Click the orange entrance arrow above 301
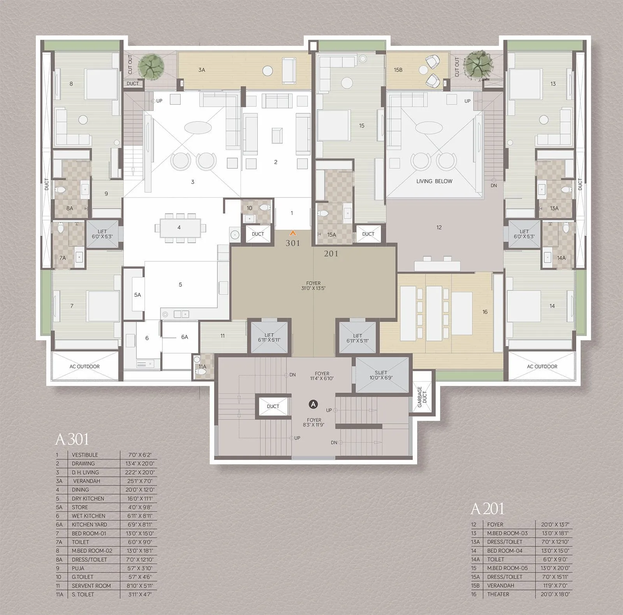tap(292, 233)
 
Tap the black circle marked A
tap(313, 405)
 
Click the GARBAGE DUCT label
tap(422, 397)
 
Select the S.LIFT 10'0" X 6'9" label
tap(381, 375)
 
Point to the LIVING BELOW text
tap(434, 181)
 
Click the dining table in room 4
tap(179, 227)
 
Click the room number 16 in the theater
tap(485, 312)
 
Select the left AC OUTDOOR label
tap(84, 367)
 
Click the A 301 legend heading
tap(72, 439)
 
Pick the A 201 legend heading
tap(487, 509)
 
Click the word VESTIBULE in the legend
tap(85, 455)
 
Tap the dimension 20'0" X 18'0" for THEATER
tap(555, 594)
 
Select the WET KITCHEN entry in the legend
tap(88, 516)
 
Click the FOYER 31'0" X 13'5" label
tap(313, 285)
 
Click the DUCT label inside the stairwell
tap(273, 406)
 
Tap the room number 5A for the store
tap(137, 295)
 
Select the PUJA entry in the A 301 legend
tap(78, 568)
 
